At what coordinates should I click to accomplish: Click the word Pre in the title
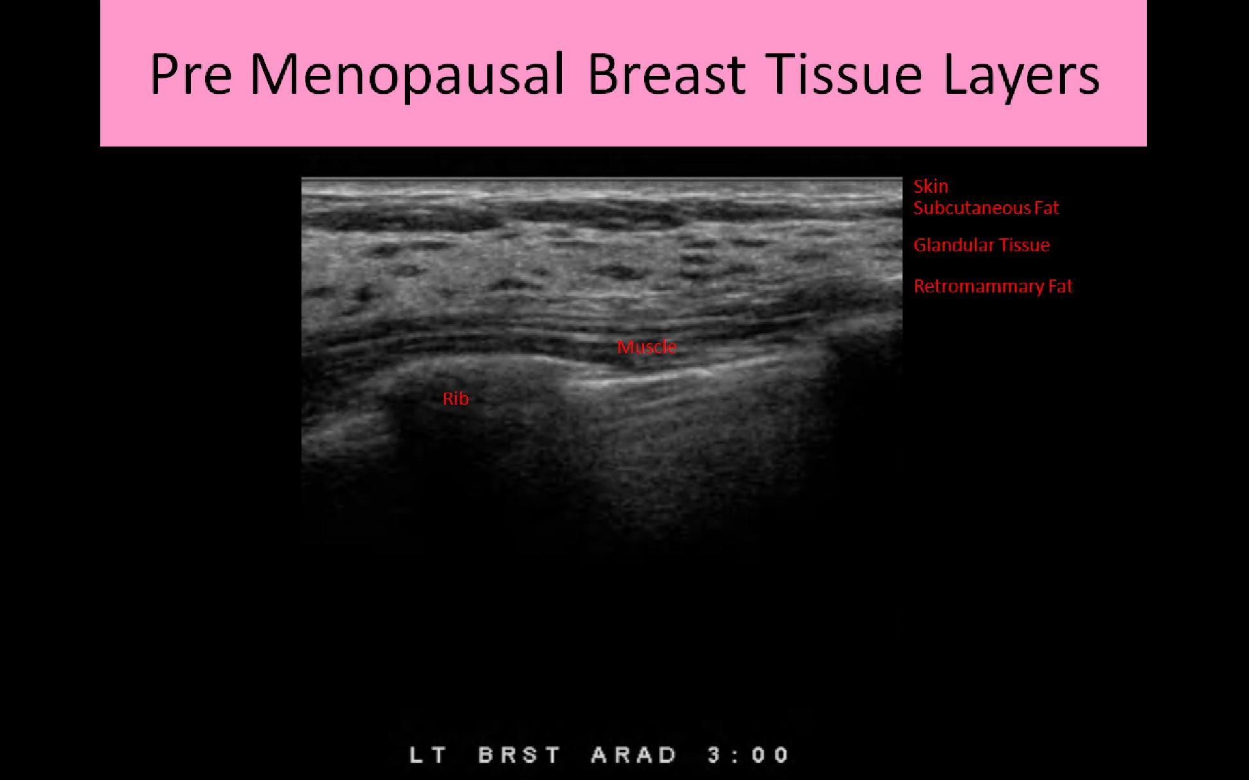[191, 74]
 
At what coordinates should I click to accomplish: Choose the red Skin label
[931, 186]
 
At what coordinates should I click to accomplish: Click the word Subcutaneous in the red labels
[972, 208]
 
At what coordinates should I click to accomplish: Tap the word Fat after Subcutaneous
[1047, 208]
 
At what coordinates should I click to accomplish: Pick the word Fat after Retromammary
[1061, 286]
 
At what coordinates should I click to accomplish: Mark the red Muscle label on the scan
[647, 347]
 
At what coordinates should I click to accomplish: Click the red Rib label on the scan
[456, 398]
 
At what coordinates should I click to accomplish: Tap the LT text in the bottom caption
[429, 754]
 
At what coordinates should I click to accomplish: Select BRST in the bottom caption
[519, 754]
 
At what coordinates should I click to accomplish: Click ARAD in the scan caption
[633, 754]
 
